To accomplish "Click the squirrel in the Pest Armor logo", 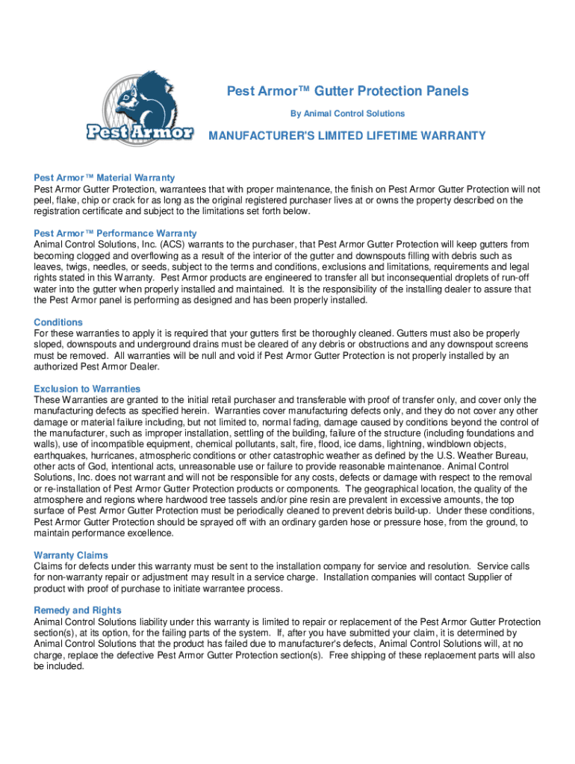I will coord(149,101).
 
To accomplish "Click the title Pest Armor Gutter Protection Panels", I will coord(347,91).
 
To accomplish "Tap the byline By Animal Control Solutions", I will coord(347,113).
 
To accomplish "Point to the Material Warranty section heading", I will coord(105,178).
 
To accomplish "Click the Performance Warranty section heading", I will coord(115,234).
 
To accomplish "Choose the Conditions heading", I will coord(58,322).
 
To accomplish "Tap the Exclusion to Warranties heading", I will coord(87,389).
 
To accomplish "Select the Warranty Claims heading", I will coord(71,555).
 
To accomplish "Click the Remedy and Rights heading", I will coord(77,610).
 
